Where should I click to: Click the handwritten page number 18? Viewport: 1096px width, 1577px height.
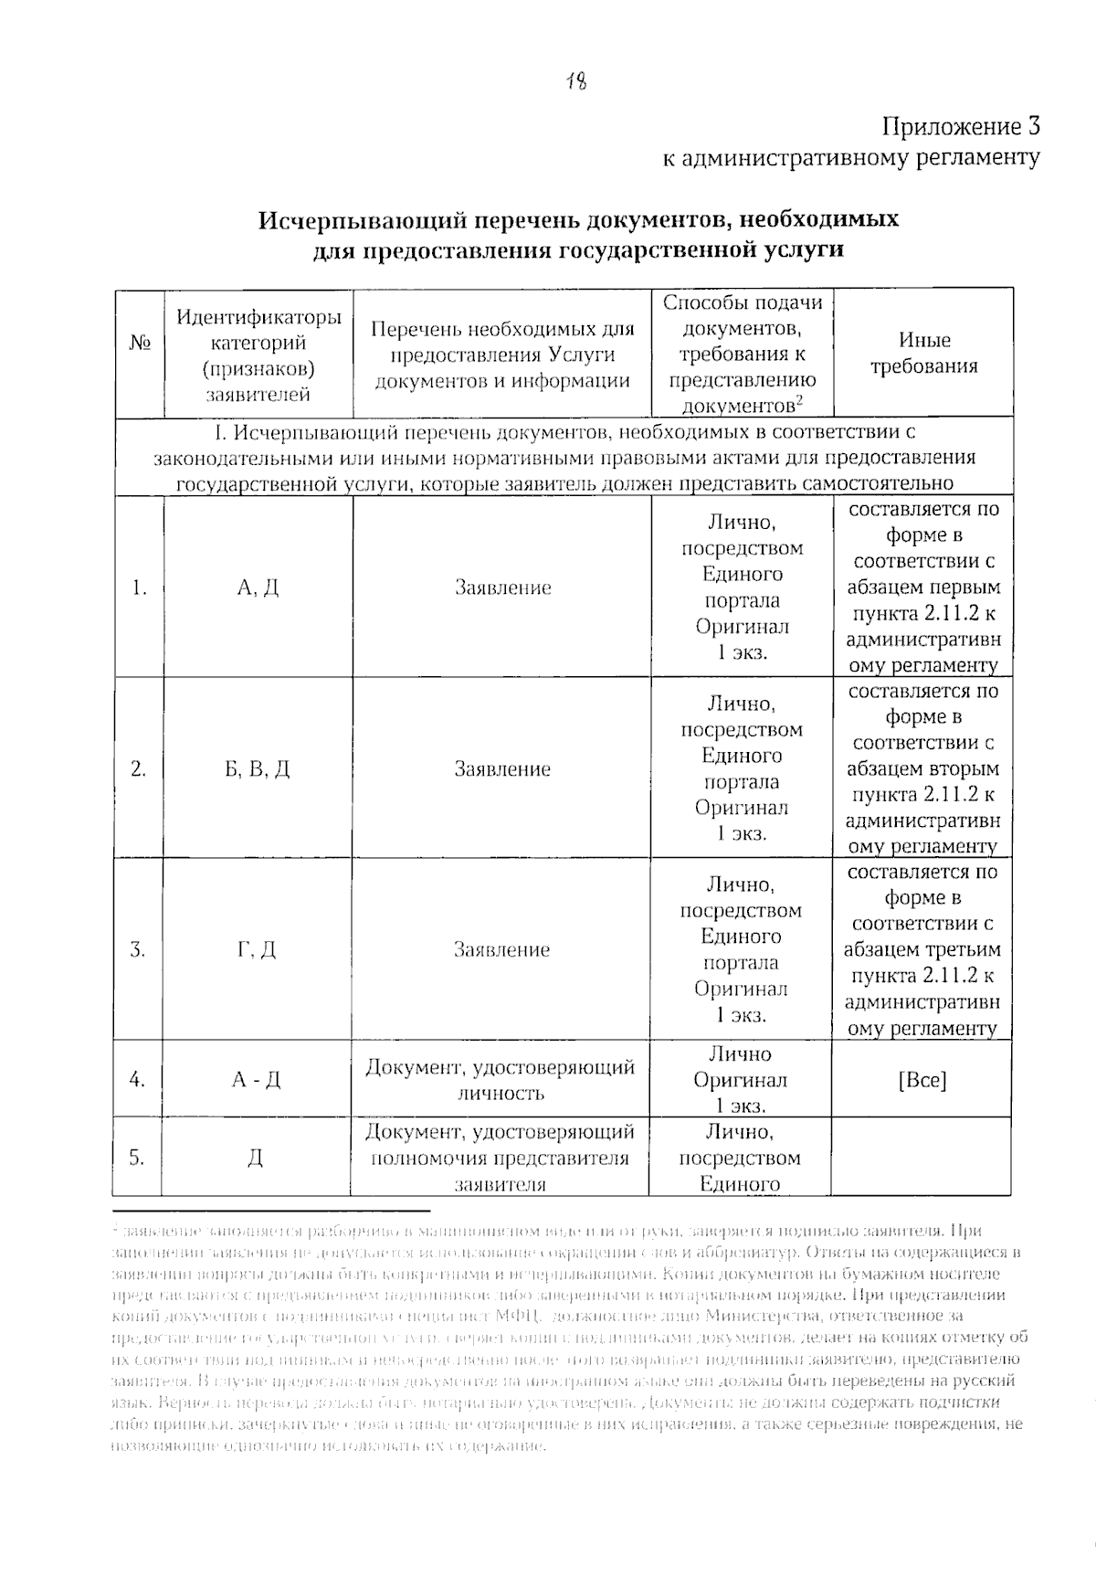click(x=575, y=81)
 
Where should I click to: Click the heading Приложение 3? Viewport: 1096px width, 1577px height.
click(x=960, y=126)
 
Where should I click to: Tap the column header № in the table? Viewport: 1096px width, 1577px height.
click(x=139, y=344)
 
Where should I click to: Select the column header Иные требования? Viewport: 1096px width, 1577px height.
click(x=923, y=354)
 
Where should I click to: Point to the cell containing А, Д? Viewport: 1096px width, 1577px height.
click(x=258, y=587)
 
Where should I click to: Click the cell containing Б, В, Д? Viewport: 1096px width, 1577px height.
click(x=258, y=769)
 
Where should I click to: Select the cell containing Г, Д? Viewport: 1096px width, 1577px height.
click(x=257, y=950)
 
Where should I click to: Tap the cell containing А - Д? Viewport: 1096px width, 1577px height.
click(x=257, y=1080)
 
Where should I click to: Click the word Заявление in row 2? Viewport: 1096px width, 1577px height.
click(x=502, y=769)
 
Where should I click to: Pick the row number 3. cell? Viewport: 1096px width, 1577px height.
click(x=138, y=950)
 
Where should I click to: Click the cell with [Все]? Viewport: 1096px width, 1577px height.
click(x=922, y=1080)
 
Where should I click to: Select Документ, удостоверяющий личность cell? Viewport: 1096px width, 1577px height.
click(x=501, y=1080)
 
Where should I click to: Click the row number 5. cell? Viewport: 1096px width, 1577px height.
click(x=137, y=1158)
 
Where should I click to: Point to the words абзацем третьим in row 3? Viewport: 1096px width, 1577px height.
click(x=922, y=949)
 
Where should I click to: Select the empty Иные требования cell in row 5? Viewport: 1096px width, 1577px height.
click(x=922, y=1157)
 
